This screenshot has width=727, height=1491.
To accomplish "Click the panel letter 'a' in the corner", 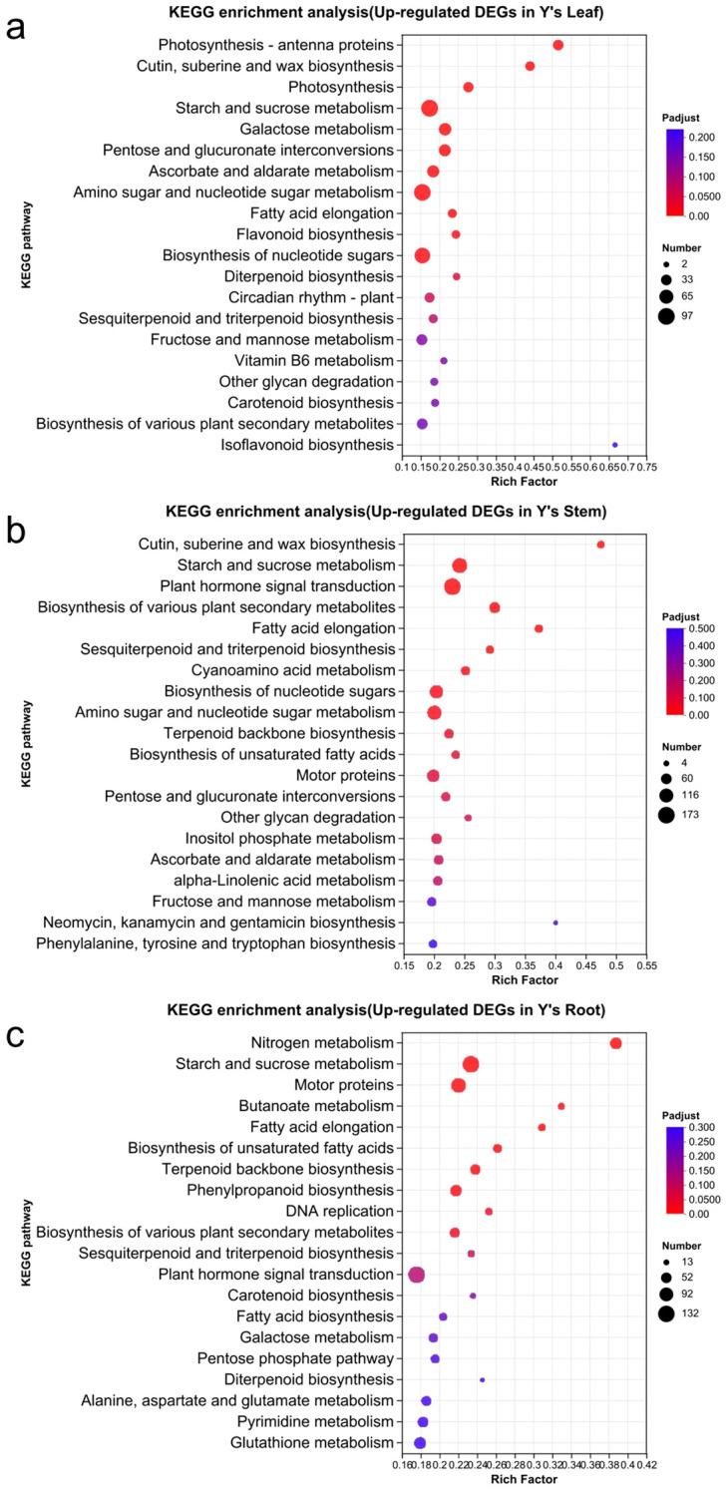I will [17, 27].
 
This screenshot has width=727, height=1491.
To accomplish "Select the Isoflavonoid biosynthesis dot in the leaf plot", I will [614, 445].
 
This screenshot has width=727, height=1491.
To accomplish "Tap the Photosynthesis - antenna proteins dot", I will [558, 45].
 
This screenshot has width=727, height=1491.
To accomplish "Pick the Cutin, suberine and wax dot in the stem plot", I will [600, 545].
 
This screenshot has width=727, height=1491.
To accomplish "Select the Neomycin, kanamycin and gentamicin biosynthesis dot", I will [555, 923].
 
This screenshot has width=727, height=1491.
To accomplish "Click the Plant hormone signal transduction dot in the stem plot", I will [452, 586].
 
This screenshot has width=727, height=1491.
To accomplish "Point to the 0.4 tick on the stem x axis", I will [555, 966].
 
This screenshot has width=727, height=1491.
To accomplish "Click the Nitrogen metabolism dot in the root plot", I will [615, 1043].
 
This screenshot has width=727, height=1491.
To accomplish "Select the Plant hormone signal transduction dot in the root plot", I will [417, 1275].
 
